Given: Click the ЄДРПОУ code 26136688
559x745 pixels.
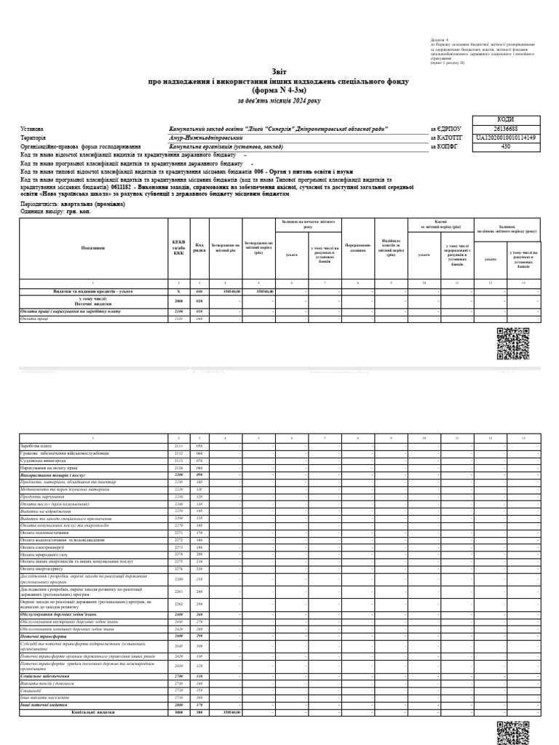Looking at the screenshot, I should pyautogui.click(x=506, y=128).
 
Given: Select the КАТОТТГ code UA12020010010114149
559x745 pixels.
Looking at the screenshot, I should pyautogui.click(x=506, y=137).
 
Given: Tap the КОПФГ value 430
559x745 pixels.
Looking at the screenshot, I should pyautogui.click(x=506, y=146).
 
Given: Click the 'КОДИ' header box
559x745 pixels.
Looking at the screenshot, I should pyautogui.click(x=506, y=119).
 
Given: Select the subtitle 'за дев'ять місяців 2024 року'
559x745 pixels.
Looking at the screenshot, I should pyautogui.click(x=279, y=100).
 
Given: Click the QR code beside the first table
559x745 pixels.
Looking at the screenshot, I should pyautogui.click(x=512, y=343).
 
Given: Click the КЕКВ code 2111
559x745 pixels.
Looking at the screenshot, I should pyautogui.click(x=178, y=445).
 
